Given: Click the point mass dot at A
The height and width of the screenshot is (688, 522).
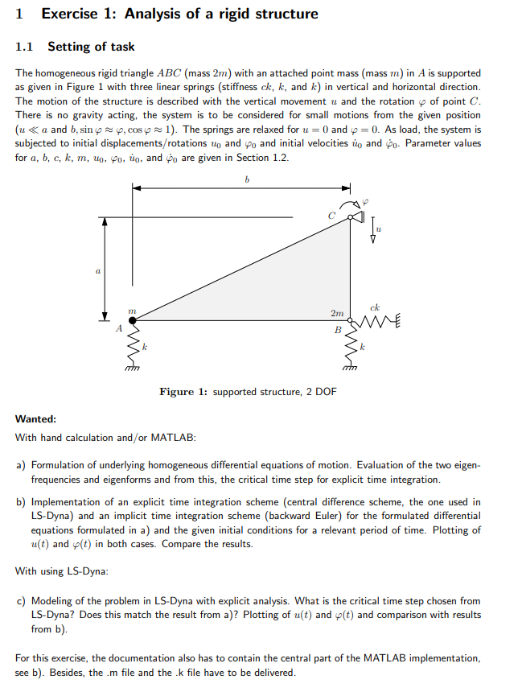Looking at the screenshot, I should click(133, 320).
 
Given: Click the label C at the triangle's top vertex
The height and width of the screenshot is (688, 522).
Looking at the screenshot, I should click(331, 215).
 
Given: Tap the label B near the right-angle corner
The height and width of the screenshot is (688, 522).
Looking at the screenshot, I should click(338, 330).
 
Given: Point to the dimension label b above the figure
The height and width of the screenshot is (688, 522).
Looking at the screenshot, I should click(247, 180).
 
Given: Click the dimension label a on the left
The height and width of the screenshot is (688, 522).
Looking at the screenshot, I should click(97, 273).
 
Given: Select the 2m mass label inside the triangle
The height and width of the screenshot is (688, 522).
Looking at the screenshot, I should click(336, 312).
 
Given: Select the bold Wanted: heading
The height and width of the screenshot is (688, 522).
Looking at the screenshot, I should click(35, 419).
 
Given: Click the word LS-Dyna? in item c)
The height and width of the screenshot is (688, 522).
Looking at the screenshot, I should click(54, 615).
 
